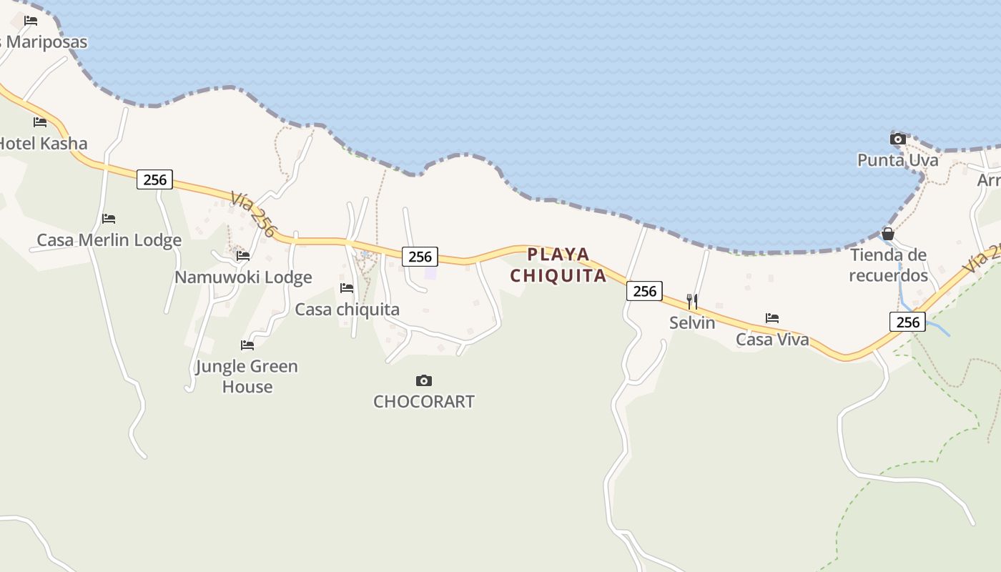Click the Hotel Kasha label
pos(43,143)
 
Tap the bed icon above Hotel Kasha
pos(40,122)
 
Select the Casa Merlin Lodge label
pos(109,240)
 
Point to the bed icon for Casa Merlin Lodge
pos(109,219)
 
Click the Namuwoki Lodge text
pos(243,277)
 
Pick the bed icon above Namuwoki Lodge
pos(243,255)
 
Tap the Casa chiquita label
pos(347,310)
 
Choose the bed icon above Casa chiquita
pos(347,288)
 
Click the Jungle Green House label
pos(247,376)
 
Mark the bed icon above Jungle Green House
pos(247,345)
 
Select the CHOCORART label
pos(424,402)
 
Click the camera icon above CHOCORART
pos(424,380)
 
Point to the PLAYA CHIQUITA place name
pos(558,265)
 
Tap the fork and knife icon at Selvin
pos(692,301)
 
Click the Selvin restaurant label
pos(692,322)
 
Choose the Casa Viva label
pos(773,340)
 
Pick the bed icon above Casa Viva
pos(772,318)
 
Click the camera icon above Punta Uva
pos(898,139)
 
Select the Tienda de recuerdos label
pos(888,265)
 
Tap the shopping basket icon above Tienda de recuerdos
pos(888,234)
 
